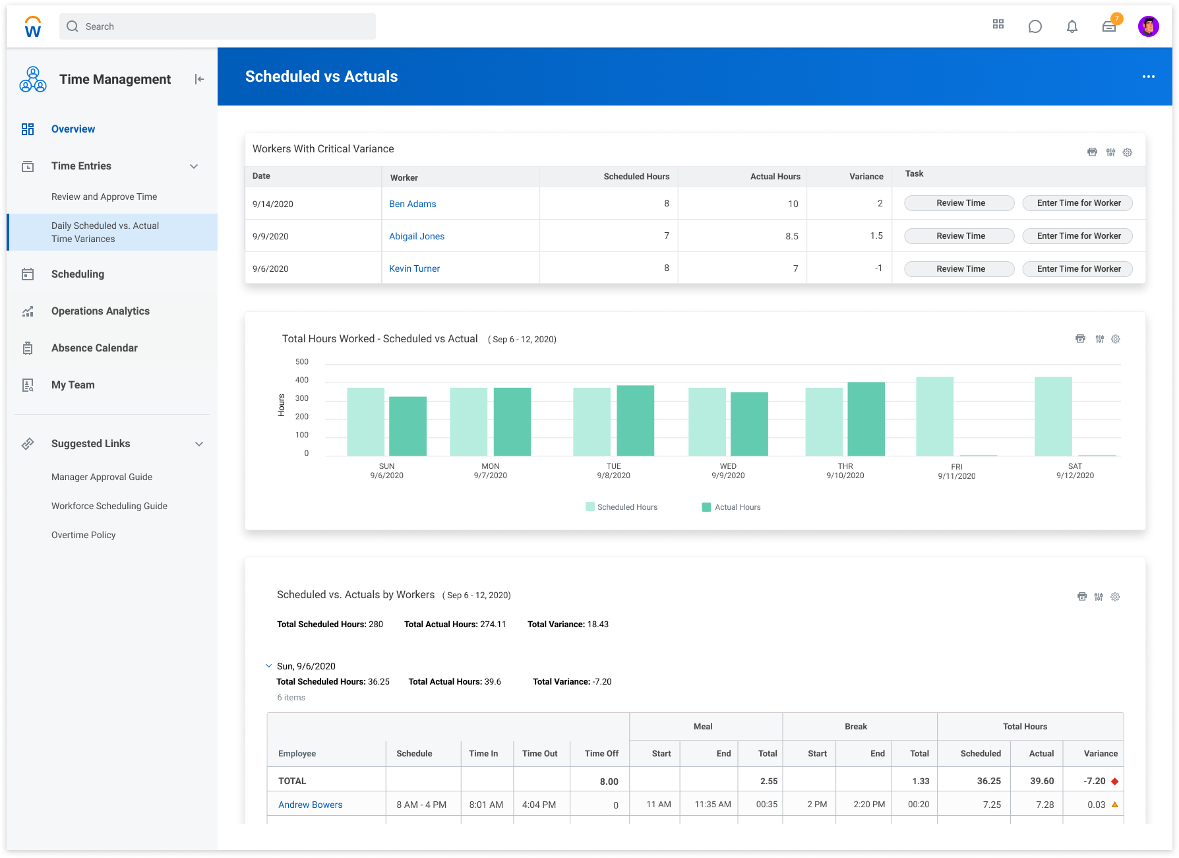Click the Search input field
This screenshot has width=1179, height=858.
pyautogui.click(x=218, y=26)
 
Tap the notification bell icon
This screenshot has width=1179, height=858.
pyautogui.click(x=1072, y=26)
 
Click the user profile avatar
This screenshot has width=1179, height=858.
pyautogui.click(x=1148, y=26)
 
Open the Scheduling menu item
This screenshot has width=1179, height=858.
pyautogui.click(x=78, y=274)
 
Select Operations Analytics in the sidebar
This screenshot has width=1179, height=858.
pyautogui.click(x=100, y=311)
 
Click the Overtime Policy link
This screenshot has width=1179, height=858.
pyautogui.click(x=84, y=535)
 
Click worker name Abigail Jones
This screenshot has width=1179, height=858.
pyautogui.click(x=417, y=236)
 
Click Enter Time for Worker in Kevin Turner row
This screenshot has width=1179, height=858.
pyautogui.click(x=1078, y=269)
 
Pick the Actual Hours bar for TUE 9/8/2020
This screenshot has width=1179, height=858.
pyautogui.click(x=635, y=421)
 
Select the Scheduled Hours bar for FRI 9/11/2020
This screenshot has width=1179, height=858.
pyautogui.click(x=934, y=416)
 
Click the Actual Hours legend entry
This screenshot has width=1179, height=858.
pyautogui.click(x=731, y=507)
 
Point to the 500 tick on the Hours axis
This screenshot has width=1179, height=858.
pyautogui.click(x=302, y=361)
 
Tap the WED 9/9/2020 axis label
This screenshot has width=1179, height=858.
pyautogui.click(x=728, y=471)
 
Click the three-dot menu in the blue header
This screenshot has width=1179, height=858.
pyautogui.click(x=1148, y=77)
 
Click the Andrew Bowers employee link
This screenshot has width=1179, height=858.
pyautogui.click(x=310, y=805)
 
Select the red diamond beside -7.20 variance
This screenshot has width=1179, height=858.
pyautogui.click(x=1114, y=781)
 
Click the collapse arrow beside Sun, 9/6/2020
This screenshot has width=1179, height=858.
pyautogui.click(x=268, y=666)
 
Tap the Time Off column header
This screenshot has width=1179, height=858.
pyautogui.click(x=601, y=753)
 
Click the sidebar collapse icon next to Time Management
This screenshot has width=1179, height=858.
pyautogui.click(x=199, y=79)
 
